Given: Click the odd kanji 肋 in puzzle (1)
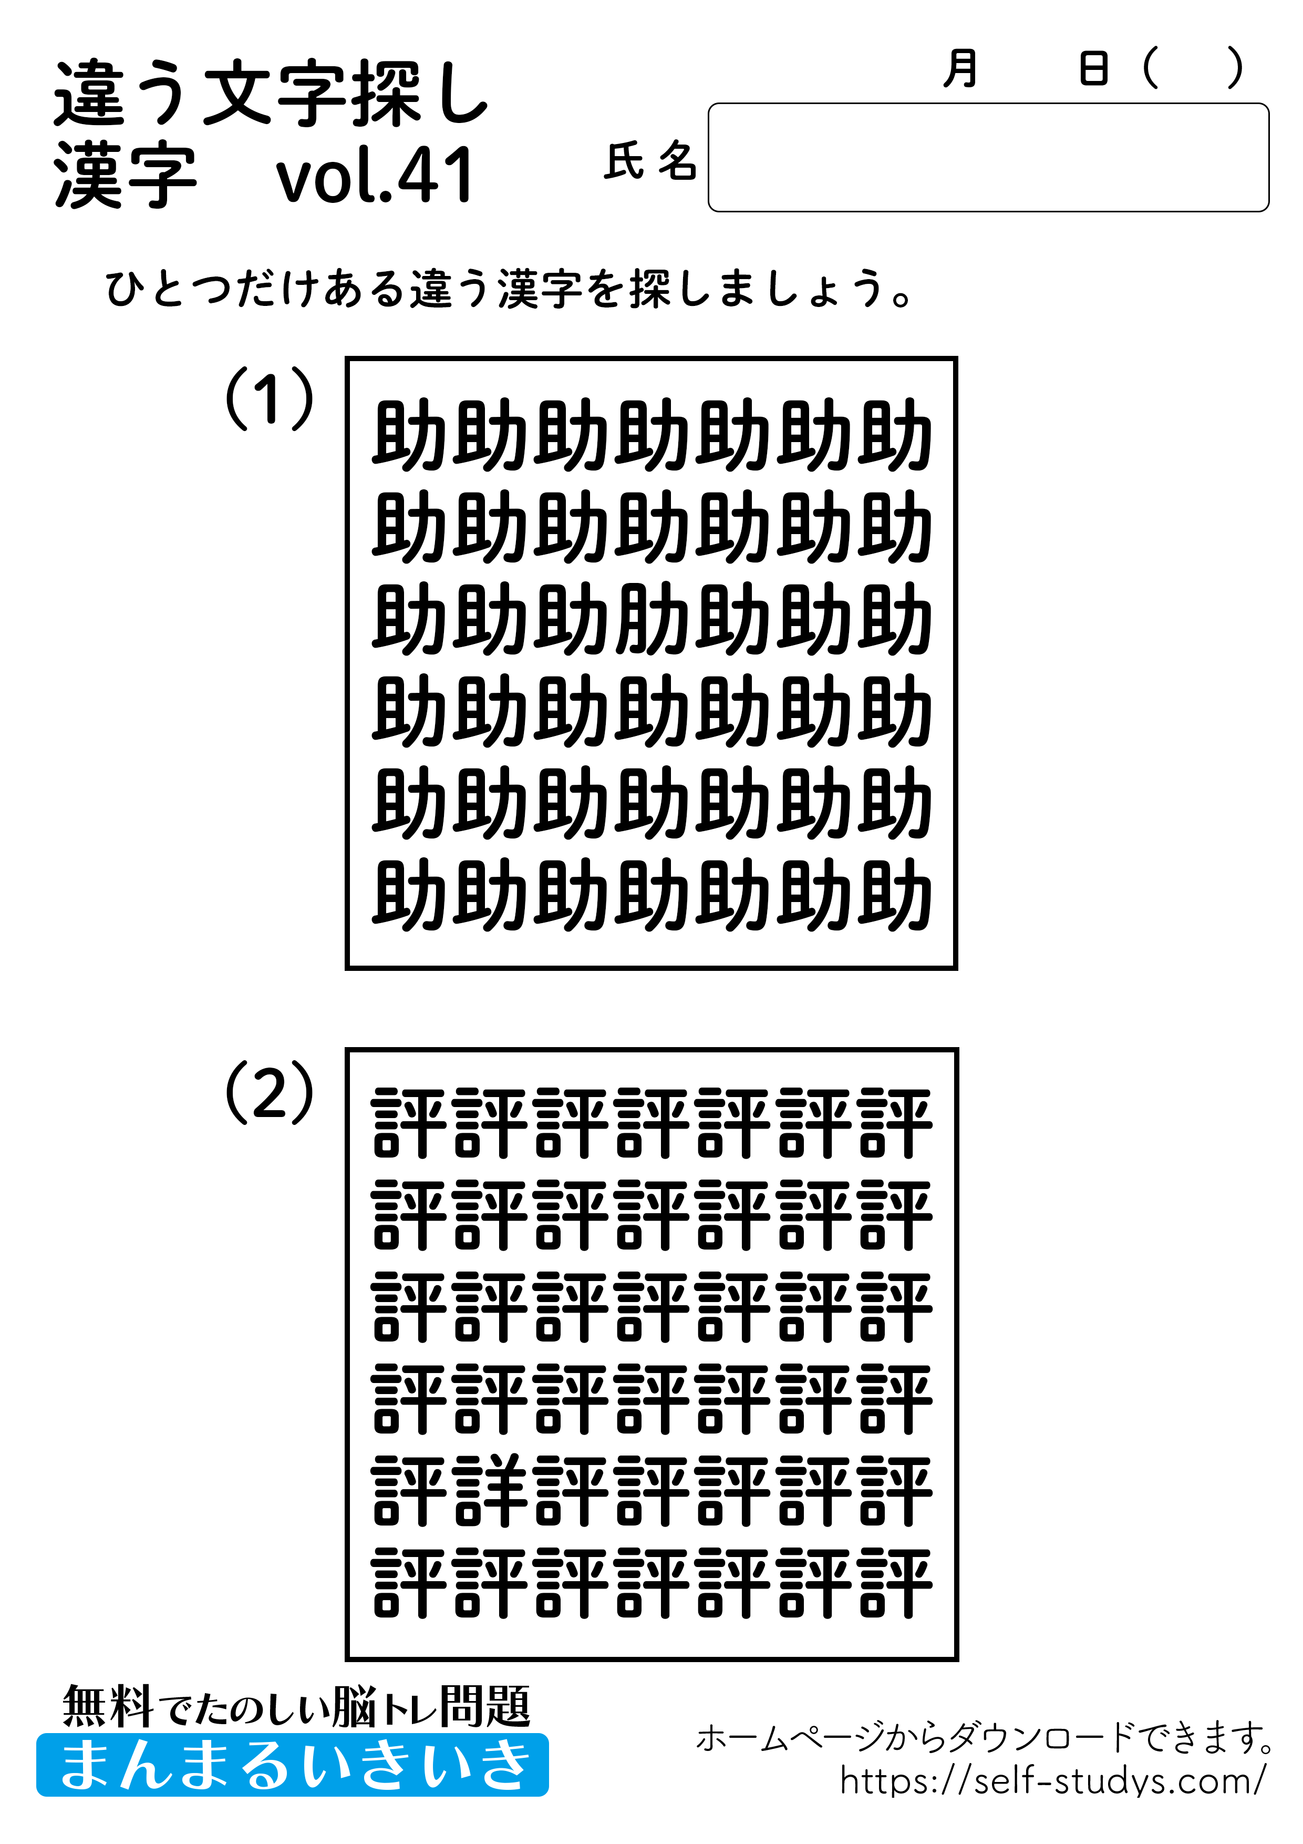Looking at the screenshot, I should (x=652, y=618).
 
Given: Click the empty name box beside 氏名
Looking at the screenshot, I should (x=987, y=157).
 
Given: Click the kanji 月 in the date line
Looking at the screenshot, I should (x=960, y=69).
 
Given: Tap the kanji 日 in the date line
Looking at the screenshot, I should (x=1093, y=69).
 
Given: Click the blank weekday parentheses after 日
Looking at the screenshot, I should (x=1192, y=69).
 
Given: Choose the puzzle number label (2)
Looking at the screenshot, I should (x=269, y=1093).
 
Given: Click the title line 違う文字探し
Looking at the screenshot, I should (x=271, y=95).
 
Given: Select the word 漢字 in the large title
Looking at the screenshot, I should (x=125, y=176).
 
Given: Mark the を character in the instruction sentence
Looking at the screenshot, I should (x=604, y=289).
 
